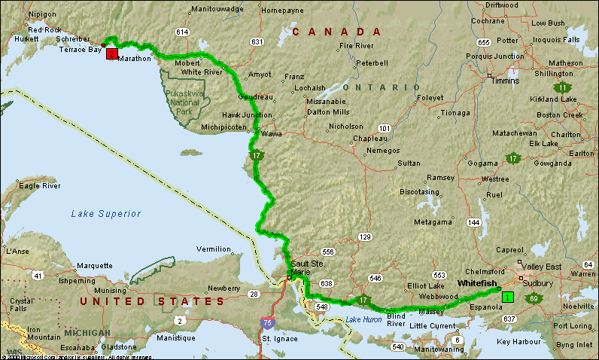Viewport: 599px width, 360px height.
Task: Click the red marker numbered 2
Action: coord(111,53)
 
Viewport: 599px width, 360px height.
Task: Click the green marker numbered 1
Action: coord(507,297)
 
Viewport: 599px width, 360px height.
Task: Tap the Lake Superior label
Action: coord(106,214)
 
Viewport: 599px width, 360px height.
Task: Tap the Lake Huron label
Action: coord(363,320)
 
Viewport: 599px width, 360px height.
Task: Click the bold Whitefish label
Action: coord(477,283)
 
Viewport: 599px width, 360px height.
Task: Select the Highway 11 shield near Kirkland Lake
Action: coord(562,88)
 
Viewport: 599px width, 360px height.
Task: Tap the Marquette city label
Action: coord(94,266)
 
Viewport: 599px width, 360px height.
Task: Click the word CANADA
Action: coord(336,32)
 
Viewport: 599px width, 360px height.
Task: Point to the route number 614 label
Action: coord(181,32)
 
